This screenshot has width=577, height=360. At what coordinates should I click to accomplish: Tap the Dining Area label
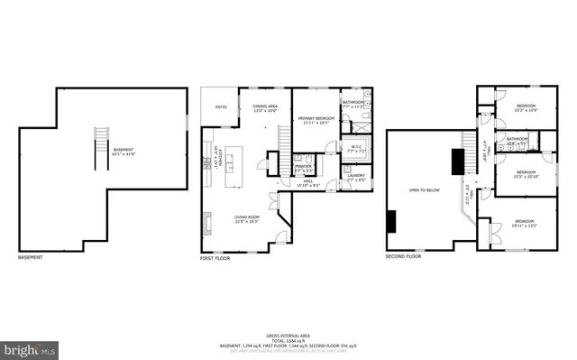(264, 106)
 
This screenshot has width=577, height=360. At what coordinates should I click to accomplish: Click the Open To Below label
(424, 190)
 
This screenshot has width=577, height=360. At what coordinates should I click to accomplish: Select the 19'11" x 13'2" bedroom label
(524, 222)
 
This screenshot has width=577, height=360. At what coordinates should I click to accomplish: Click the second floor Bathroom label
(517, 139)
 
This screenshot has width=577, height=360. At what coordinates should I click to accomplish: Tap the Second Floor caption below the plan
(403, 256)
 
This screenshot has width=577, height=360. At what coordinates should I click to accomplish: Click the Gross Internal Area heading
(288, 333)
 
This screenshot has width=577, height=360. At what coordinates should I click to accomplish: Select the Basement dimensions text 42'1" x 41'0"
(123, 154)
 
